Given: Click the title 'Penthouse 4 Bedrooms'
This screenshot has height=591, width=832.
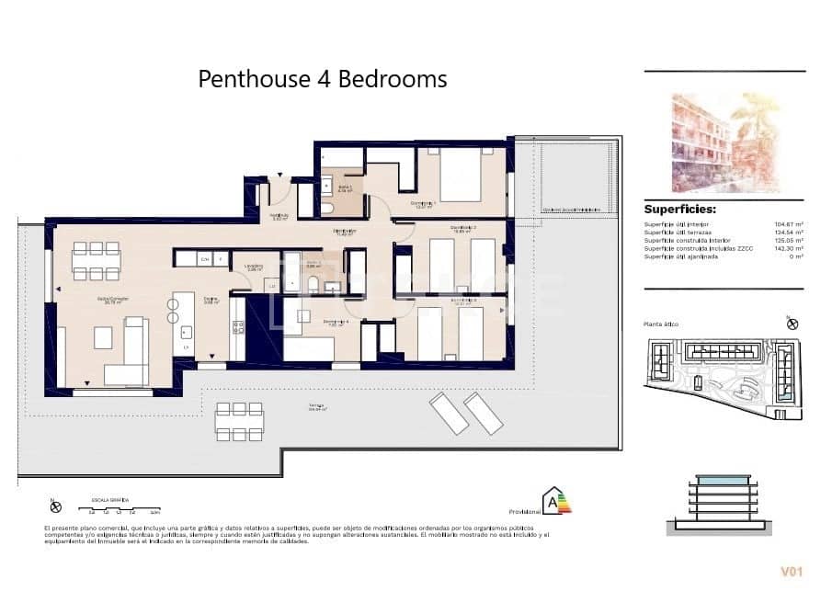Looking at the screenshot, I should [x=323, y=79].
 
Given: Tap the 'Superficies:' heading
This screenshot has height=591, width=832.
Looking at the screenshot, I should [x=679, y=209].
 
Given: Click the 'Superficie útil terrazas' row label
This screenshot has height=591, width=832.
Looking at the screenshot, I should [x=679, y=232].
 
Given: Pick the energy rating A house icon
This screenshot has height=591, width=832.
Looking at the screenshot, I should [x=555, y=501].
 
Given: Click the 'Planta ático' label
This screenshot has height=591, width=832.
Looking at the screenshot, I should [x=661, y=324].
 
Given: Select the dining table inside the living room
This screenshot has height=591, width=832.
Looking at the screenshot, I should [x=97, y=260].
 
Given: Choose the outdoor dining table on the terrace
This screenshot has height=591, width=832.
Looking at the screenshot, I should [x=240, y=421].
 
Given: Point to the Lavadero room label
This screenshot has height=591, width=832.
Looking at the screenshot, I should [x=255, y=268].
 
